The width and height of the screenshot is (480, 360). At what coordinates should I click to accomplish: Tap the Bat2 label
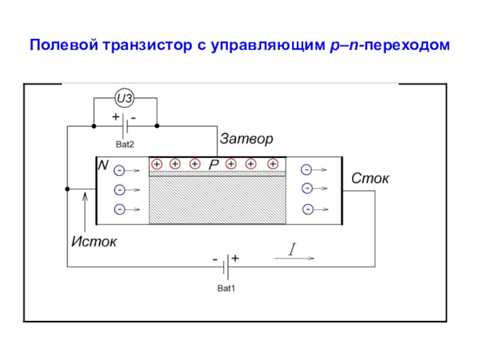pyautogui.click(x=125, y=144)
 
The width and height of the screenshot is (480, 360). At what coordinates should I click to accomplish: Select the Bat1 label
pyautogui.click(x=226, y=289)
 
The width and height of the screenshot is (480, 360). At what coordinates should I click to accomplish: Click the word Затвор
pyautogui.click(x=247, y=139)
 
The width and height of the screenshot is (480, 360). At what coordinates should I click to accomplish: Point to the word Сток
pyautogui.click(x=370, y=178)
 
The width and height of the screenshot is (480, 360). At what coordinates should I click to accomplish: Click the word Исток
pyautogui.click(x=94, y=242)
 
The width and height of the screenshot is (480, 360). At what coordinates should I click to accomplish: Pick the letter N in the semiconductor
pyautogui.click(x=103, y=166)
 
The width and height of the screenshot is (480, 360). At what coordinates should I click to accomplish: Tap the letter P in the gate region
pyautogui.click(x=214, y=164)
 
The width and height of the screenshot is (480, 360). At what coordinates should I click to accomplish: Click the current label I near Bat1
pyautogui.click(x=293, y=249)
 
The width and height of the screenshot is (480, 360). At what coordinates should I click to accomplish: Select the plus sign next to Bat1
pyautogui.click(x=235, y=259)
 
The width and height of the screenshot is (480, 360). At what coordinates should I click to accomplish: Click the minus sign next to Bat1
pyautogui.click(x=215, y=260)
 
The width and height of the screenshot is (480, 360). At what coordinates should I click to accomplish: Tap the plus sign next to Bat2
pyautogui.click(x=115, y=116)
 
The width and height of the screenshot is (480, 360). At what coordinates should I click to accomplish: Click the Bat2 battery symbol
pyautogui.click(x=125, y=126)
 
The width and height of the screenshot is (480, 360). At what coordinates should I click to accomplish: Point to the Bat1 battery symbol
pyautogui.click(x=226, y=267)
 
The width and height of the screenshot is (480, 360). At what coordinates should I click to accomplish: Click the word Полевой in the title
pyautogui.click(x=64, y=45)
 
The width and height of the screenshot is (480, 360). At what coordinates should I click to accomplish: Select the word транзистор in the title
pyautogui.click(x=148, y=46)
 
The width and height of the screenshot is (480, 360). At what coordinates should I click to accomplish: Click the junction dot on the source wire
pyautogui.click(x=67, y=189)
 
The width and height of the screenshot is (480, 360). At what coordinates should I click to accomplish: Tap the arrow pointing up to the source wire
pyautogui.click(x=85, y=212)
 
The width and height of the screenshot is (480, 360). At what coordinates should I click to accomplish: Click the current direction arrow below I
pyautogui.click(x=294, y=259)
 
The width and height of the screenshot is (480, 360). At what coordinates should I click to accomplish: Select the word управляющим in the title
pyautogui.click(x=268, y=46)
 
